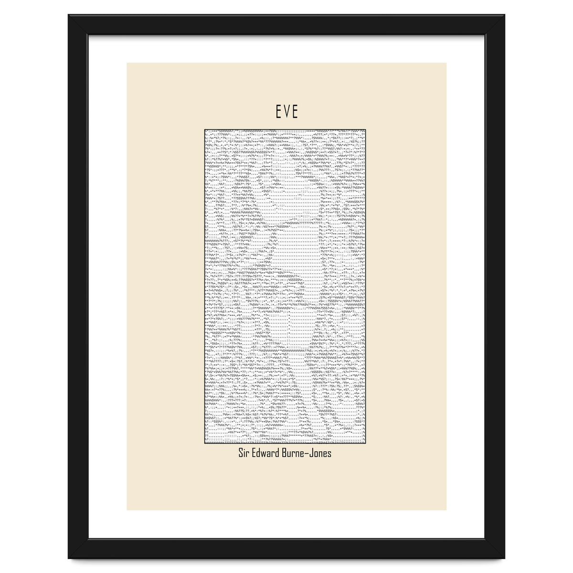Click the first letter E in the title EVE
(278, 112)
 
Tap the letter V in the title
(286, 112)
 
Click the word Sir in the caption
(245, 453)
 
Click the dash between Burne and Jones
(311, 453)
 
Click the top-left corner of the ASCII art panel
(204, 128)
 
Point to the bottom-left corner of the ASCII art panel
(204, 444)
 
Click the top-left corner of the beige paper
(127, 63)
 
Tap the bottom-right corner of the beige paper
(446, 510)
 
